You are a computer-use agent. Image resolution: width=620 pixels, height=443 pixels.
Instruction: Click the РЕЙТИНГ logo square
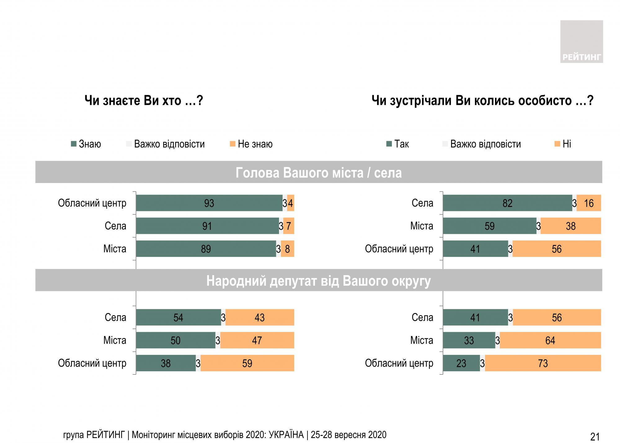tap(581, 42)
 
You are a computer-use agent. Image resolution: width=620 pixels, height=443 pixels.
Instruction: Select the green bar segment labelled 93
tap(209, 203)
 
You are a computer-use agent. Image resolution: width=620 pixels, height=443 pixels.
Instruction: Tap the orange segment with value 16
tap(588, 203)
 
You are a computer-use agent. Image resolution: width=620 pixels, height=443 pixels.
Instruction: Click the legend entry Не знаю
tap(251, 144)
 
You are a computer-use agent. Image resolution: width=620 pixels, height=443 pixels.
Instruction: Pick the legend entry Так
tap(398, 144)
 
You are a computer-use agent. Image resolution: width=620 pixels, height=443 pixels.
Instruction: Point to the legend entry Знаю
tap(86, 144)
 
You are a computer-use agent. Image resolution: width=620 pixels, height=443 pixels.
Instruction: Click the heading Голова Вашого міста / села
tap(318, 172)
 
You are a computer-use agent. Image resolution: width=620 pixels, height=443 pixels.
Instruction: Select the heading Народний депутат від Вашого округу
tap(318, 281)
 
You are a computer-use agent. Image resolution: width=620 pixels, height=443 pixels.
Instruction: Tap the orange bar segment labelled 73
tap(543, 363)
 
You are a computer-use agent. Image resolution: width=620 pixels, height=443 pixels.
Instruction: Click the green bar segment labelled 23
tap(461, 363)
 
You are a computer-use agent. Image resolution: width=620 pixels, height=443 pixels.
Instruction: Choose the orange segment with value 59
tap(247, 363)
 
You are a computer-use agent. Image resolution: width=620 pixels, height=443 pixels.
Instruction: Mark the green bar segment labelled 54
tap(178, 317)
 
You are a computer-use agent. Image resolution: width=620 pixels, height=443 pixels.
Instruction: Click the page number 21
tap(595, 436)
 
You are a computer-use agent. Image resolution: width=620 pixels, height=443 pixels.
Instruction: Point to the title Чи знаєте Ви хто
tap(144, 101)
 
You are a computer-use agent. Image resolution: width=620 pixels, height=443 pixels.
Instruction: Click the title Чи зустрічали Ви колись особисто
tap(482, 101)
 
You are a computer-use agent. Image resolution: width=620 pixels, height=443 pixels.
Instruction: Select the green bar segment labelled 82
tap(507, 203)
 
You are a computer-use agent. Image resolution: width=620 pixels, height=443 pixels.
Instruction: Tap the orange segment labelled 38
tap(570, 226)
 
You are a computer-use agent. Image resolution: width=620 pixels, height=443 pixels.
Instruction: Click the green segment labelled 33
tap(469, 340)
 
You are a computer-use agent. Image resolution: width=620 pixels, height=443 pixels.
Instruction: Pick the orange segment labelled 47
tap(257, 340)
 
